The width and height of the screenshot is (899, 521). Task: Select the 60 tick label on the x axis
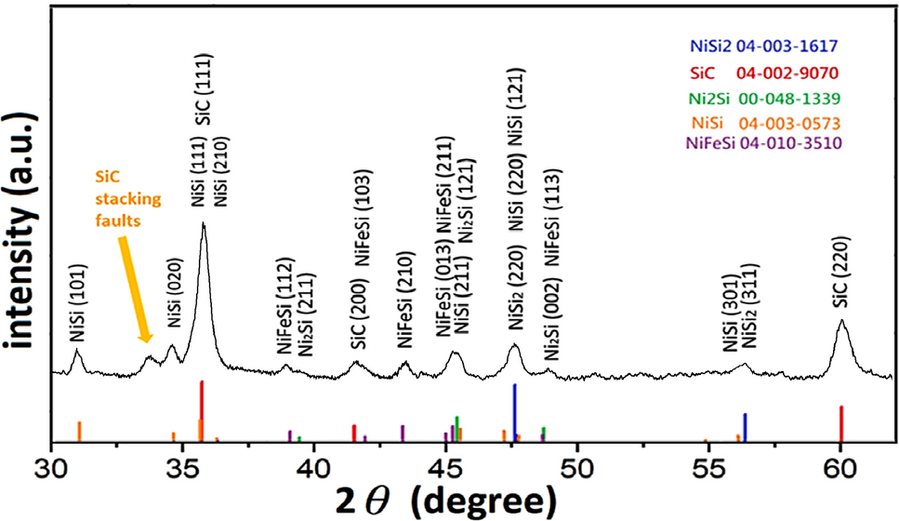click(840, 466)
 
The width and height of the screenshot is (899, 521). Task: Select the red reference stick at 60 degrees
click(841, 423)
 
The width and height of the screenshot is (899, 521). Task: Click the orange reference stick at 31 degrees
click(79, 431)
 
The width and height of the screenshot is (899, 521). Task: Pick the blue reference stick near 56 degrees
click(745, 427)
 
